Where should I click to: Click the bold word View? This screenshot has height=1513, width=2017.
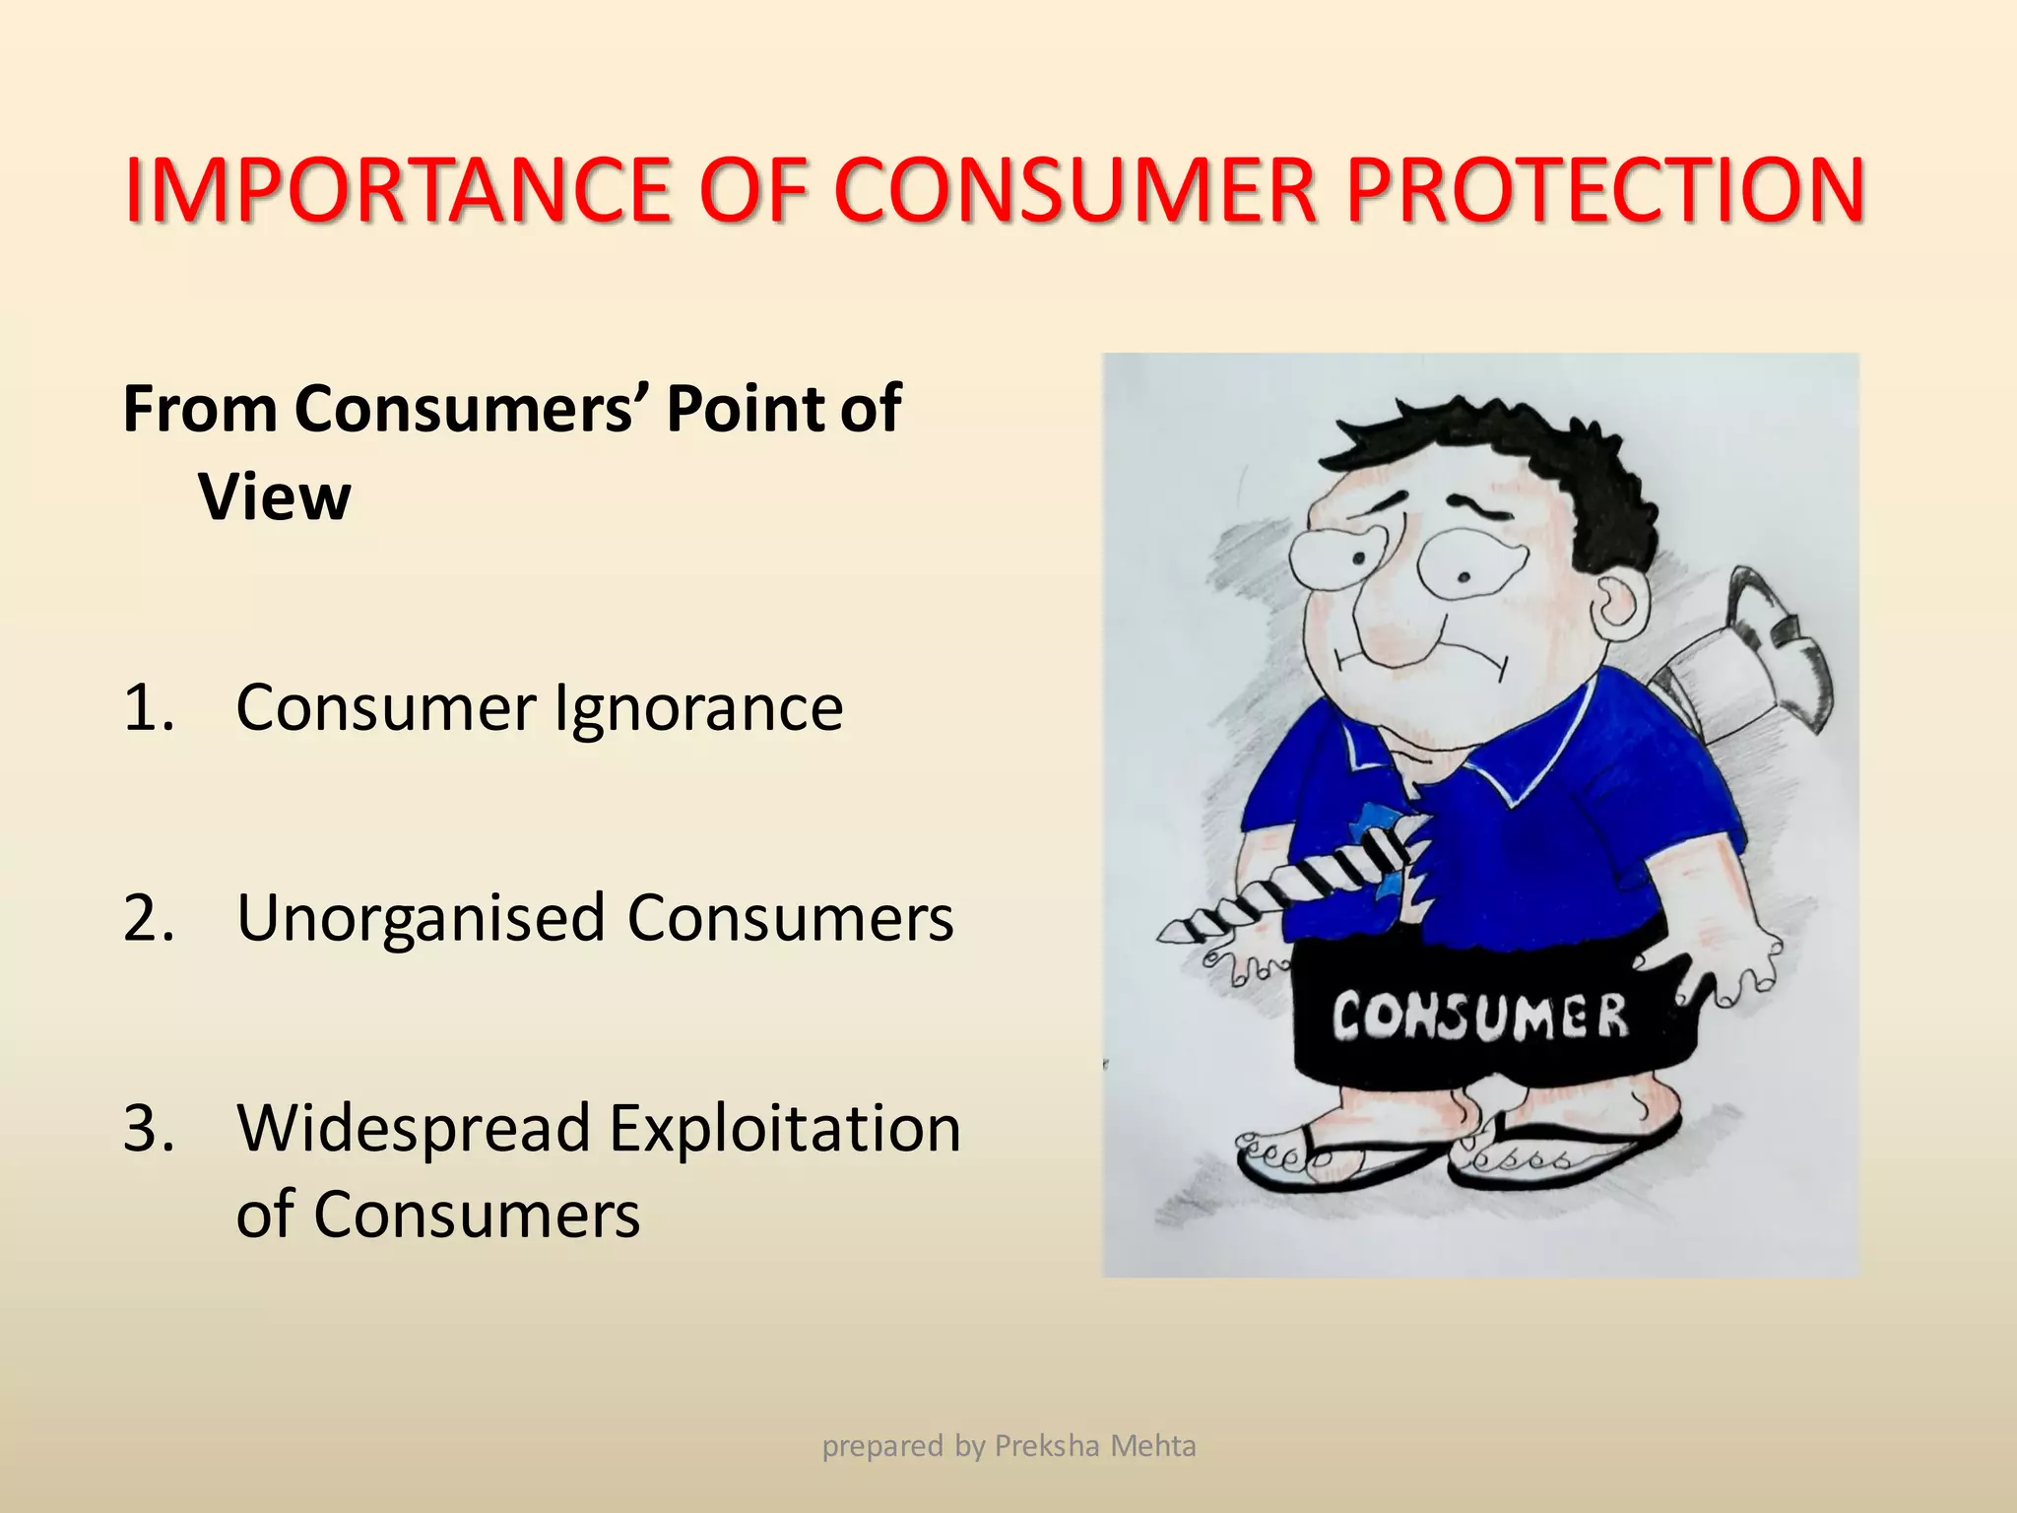click(274, 497)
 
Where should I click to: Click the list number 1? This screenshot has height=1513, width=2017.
click(147, 707)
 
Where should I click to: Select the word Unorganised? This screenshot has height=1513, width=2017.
click(421, 918)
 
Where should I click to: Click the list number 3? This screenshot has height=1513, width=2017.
click(147, 1129)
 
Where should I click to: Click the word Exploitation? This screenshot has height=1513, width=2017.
click(784, 1129)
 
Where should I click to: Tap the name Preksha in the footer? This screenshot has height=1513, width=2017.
click(1046, 1446)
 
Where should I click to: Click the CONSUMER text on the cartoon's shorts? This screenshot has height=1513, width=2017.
click(1479, 1018)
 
